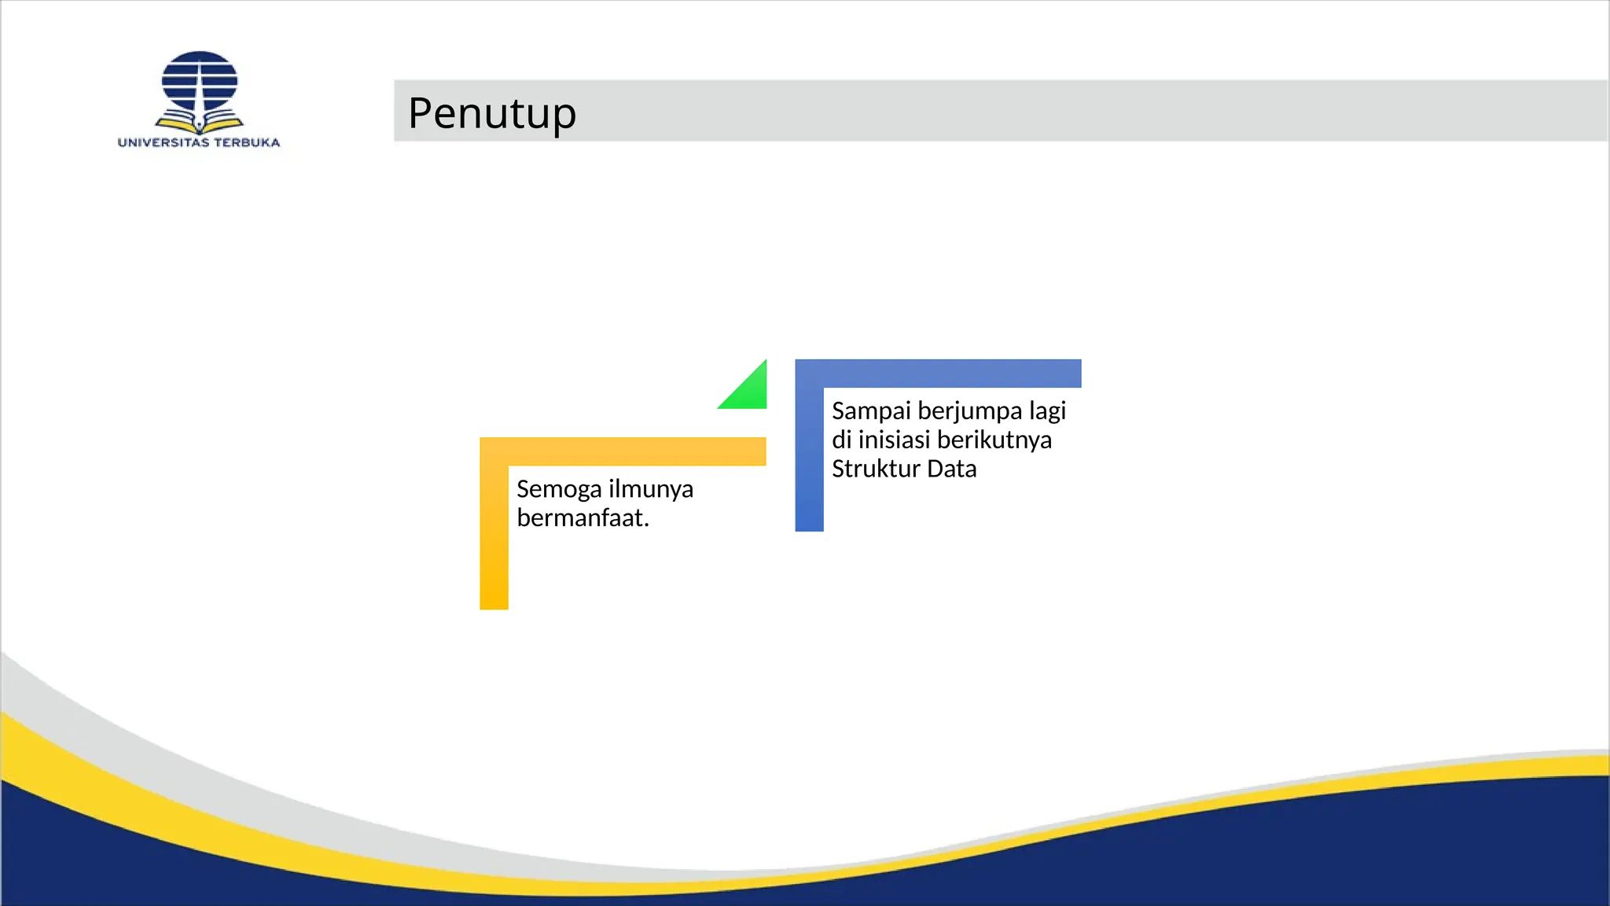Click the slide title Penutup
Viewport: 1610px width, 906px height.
492,112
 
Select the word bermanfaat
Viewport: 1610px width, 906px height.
583,518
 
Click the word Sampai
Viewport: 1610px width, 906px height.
871,411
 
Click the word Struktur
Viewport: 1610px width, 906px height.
876,469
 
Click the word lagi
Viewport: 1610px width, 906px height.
1048,411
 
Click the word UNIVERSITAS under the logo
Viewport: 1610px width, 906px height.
163,142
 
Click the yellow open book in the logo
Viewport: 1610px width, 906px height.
200,124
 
